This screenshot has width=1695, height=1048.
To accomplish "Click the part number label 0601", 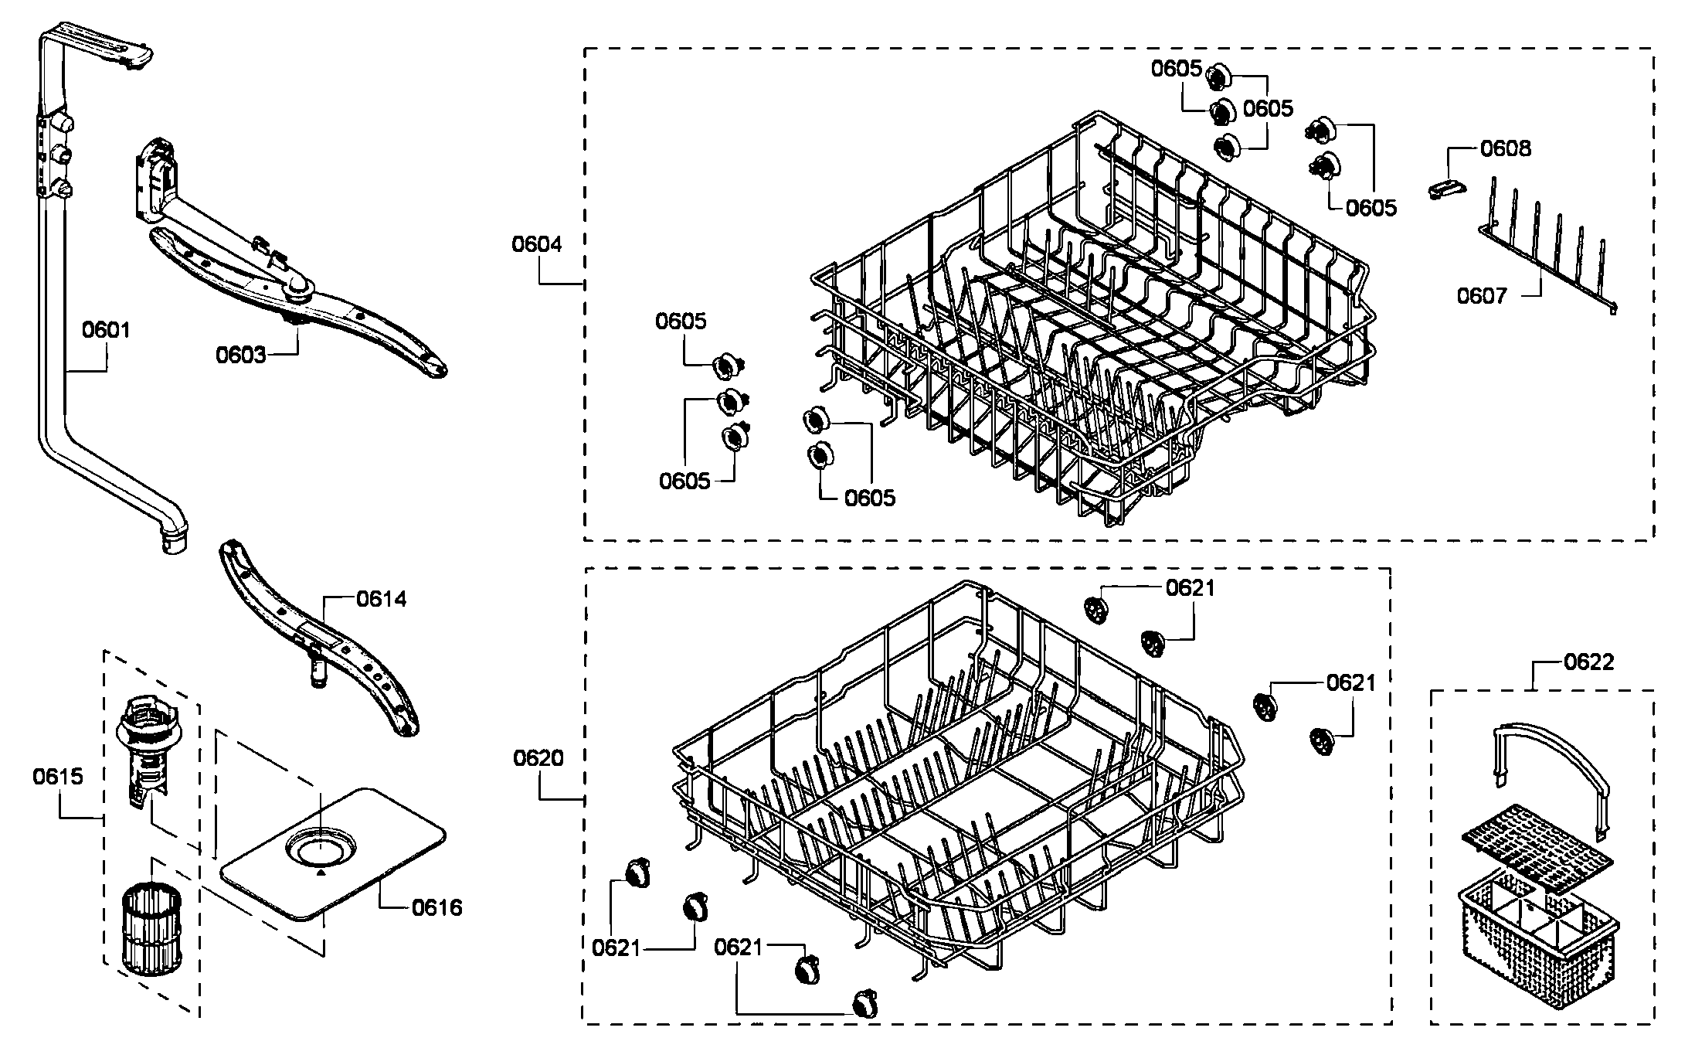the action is click(x=106, y=331).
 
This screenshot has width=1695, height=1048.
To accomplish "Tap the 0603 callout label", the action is click(x=240, y=356).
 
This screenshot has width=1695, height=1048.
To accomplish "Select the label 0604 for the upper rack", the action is click(x=537, y=244).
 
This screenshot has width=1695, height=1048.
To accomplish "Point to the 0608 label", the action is click(x=1506, y=148).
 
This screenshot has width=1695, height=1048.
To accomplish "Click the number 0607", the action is click(x=1482, y=296).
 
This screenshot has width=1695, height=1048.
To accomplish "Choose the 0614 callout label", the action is click(x=381, y=599).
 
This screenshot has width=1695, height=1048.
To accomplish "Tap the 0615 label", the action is click(x=58, y=776).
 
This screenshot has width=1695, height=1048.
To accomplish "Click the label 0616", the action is click(x=436, y=907).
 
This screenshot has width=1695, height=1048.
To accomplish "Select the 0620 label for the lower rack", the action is click(x=538, y=758).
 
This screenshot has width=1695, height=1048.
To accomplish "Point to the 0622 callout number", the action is click(x=1589, y=662).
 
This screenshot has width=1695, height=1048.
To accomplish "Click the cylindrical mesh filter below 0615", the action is click(x=152, y=930).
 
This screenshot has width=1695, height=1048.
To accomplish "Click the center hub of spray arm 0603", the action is click(x=297, y=291).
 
